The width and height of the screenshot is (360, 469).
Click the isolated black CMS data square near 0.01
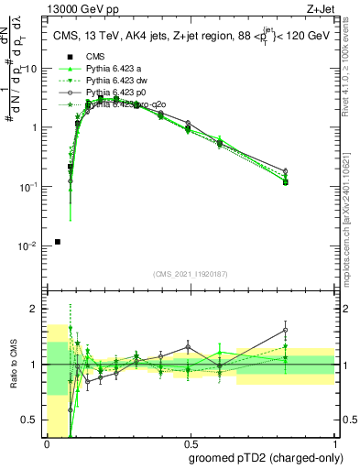[58, 242]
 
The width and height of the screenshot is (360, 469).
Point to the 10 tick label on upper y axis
[32, 69]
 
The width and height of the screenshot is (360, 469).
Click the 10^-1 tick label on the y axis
[30, 187]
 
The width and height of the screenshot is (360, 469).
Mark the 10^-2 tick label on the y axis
[30, 246]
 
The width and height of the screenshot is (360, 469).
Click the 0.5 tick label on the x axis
[191, 444]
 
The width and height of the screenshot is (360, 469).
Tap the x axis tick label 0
[48, 444]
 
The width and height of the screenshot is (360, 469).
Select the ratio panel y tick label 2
[38, 309]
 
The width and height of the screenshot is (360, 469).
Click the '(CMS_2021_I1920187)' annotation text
[191, 274]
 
